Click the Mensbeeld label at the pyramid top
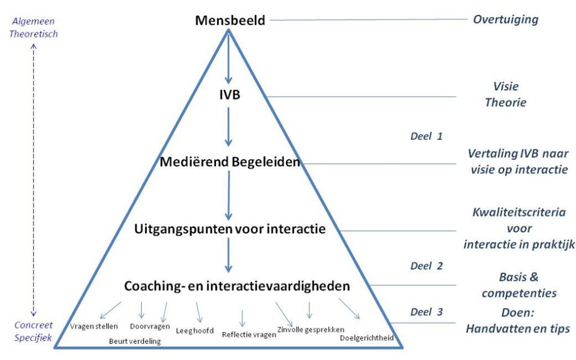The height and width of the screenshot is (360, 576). click(230, 21)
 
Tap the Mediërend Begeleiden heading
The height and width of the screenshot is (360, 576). click(229, 162)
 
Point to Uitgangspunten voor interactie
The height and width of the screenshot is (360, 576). click(229, 229)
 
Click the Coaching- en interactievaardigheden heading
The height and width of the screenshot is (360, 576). click(237, 286)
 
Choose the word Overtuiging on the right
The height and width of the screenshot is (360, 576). click(505, 20)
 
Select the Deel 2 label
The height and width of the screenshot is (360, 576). click(426, 266)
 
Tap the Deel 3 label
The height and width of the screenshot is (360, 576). click(426, 312)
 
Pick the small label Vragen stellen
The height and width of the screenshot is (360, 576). click(94, 326)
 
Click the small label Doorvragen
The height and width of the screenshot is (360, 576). click(150, 326)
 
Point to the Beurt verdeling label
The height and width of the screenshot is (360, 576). click(135, 341)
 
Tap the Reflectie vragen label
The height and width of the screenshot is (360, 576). click(249, 334)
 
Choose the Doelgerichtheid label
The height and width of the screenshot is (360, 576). click(367, 337)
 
